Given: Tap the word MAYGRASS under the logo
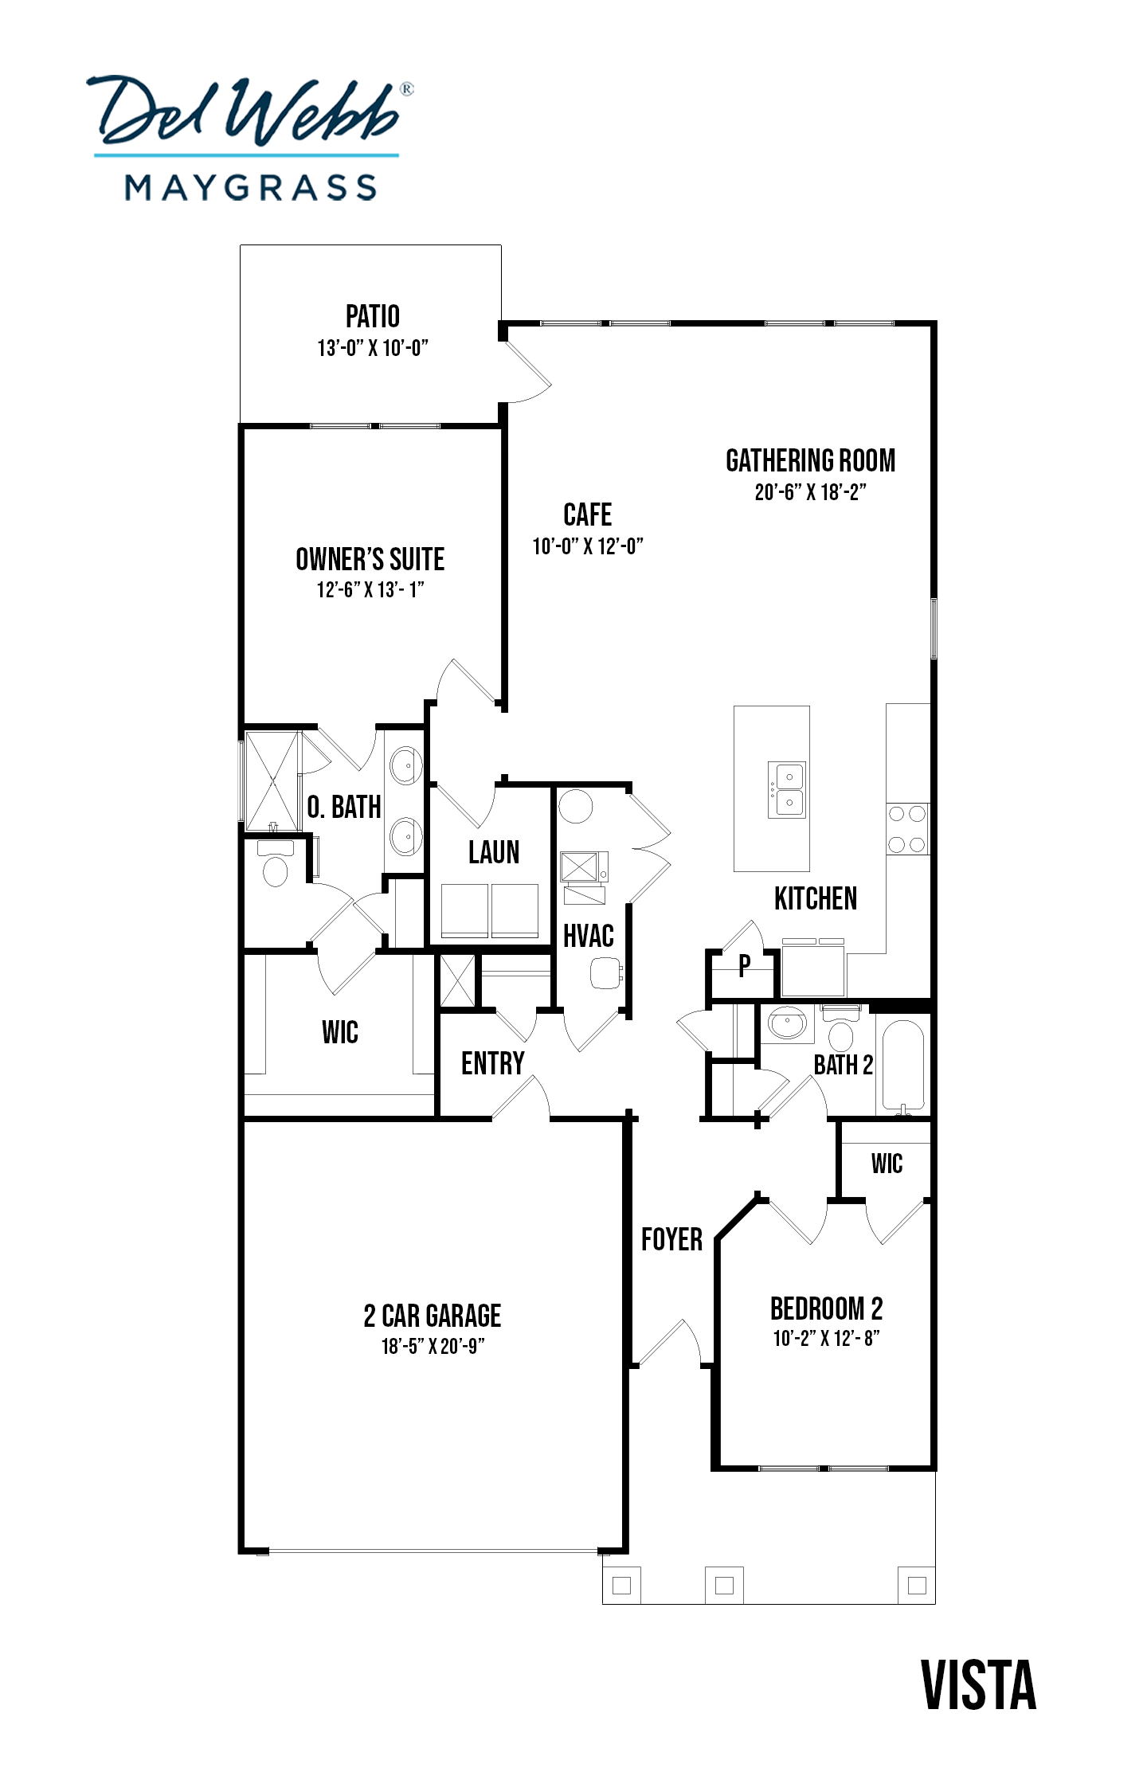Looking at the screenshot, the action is (x=251, y=188).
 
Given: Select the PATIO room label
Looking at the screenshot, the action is (x=373, y=316).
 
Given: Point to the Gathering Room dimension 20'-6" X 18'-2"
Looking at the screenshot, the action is (x=810, y=492).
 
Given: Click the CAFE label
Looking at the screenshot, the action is (x=588, y=514).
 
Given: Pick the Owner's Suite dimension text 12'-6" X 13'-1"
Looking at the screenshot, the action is (x=370, y=589).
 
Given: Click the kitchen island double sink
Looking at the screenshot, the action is (x=787, y=789).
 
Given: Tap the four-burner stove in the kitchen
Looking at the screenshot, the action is (x=907, y=828).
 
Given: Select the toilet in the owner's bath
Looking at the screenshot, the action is (x=276, y=863).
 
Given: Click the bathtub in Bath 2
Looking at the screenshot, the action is (x=903, y=1066).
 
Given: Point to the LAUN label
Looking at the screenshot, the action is (x=494, y=852).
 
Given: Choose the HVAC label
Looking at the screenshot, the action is (x=589, y=936).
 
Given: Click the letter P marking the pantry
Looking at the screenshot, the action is (x=744, y=965).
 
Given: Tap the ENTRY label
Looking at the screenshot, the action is (x=493, y=1063).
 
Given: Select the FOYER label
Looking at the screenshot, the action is (x=672, y=1239).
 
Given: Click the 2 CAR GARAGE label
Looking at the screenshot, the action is (x=433, y=1316).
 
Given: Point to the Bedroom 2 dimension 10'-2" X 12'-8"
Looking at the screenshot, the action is (x=826, y=1338).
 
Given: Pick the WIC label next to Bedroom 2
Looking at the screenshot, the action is (x=887, y=1164).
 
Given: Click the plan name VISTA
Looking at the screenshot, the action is (x=979, y=1685).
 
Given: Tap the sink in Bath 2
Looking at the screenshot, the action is (x=788, y=1023).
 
